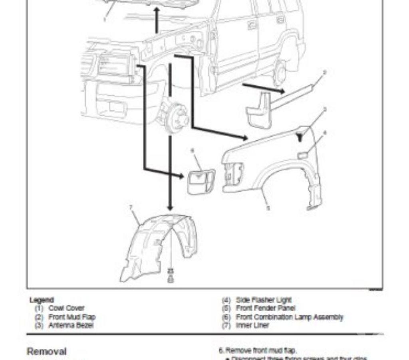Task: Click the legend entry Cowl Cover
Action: pyautogui.click(x=66, y=308)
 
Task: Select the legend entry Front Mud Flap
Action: pyautogui.click(x=71, y=317)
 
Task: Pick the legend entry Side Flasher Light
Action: pyautogui.click(x=264, y=300)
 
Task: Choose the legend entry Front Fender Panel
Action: pyautogui.click(x=266, y=308)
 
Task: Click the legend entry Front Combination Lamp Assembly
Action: pyautogui.click(x=289, y=317)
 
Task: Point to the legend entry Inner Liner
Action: pyautogui.click(x=252, y=325)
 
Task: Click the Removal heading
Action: pyautogui.click(x=46, y=351)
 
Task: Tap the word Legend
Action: pyautogui.click(x=42, y=300)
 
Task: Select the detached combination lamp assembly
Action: pyautogui.click(x=201, y=181)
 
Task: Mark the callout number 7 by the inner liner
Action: pyautogui.click(x=131, y=207)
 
